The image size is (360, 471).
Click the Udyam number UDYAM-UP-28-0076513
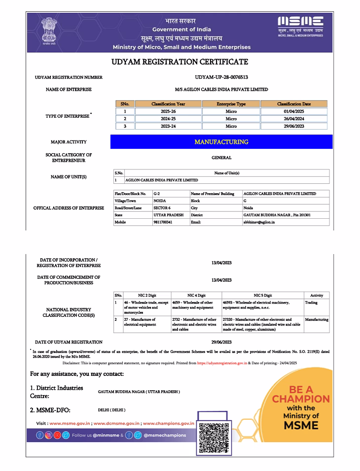(221, 77)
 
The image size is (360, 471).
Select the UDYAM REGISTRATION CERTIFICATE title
(180, 62)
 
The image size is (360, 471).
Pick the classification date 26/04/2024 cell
(294, 119)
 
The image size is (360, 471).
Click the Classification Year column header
(168, 104)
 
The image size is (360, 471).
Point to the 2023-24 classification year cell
(168, 126)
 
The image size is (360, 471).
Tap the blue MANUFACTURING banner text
(221, 142)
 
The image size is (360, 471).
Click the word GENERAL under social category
(221, 158)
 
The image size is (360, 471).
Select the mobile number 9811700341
(163, 222)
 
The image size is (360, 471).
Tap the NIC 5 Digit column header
(262, 295)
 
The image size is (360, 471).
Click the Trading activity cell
(311, 303)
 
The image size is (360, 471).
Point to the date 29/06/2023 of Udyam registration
(221, 342)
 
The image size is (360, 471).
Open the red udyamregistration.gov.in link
(221, 363)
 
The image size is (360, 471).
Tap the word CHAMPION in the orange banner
(301, 399)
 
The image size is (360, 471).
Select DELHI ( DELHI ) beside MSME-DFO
(112, 410)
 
